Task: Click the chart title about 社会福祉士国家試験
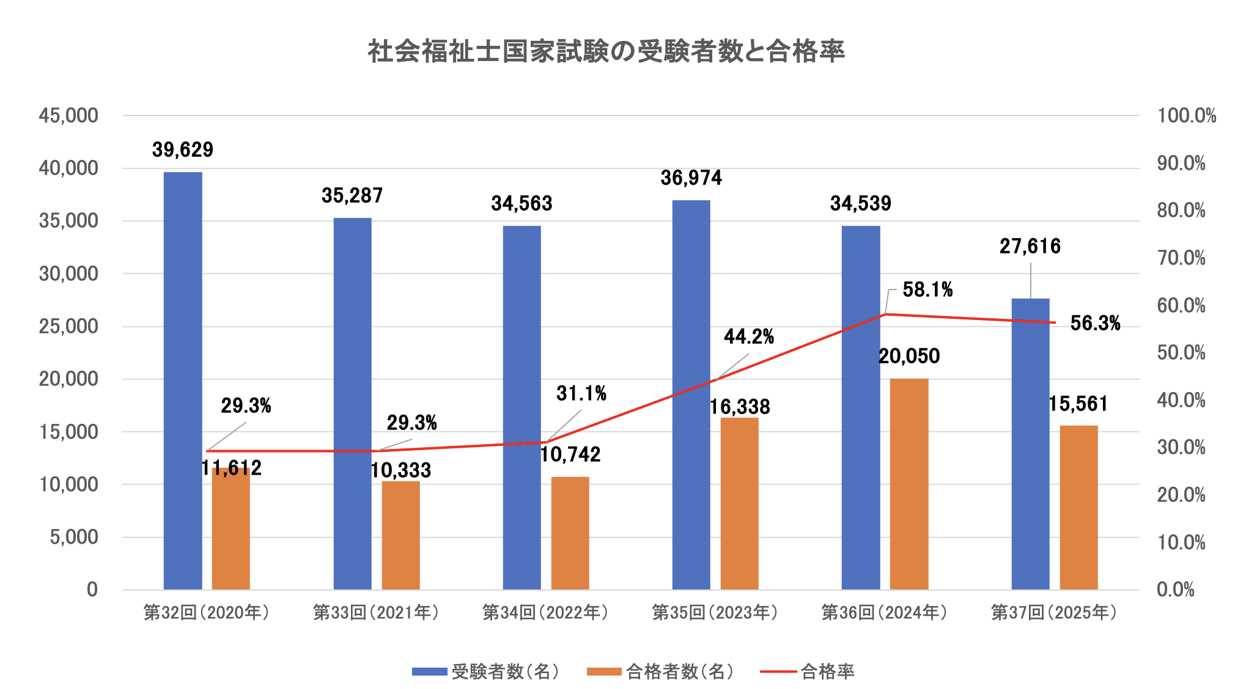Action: [605, 51]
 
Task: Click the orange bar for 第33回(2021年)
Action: [400, 535]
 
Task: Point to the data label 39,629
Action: [182, 150]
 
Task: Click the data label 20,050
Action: [909, 356]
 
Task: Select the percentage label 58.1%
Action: [927, 290]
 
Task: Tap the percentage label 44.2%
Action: [749, 337]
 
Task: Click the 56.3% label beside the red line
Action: [1095, 323]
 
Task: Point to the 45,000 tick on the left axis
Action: [68, 115]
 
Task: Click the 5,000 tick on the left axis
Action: [73, 537]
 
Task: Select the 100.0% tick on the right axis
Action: [1186, 115]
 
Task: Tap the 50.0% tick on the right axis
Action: [1181, 352]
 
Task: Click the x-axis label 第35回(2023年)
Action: [715, 613]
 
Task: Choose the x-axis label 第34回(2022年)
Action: [545, 613]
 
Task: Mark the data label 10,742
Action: [570, 454]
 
